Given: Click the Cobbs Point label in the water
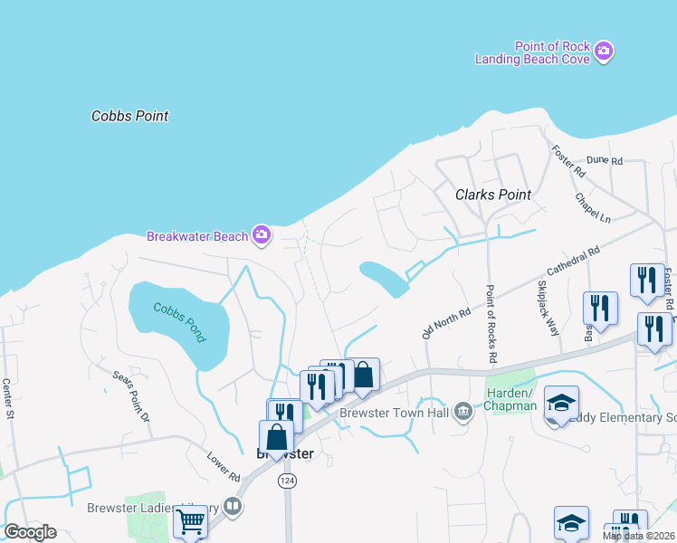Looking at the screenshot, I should [x=130, y=116].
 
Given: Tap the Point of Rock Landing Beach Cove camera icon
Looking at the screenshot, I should [x=605, y=52].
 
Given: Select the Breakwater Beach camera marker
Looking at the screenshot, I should [x=262, y=235].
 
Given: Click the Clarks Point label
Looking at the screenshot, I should [x=492, y=195].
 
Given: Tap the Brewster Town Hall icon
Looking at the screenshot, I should [x=463, y=413].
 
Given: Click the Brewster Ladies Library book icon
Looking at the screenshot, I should [x=233, y=507].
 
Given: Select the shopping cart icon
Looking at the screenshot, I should [x=189, y=521].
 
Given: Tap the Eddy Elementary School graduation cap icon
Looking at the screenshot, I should [x=561, y=401].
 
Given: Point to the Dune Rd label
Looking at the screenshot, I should [x=605, y=160].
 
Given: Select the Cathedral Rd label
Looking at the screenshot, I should [x=573, y=263].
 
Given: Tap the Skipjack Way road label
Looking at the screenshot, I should [x=548, y=308].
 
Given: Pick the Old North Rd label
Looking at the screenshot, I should [x=446, y=324].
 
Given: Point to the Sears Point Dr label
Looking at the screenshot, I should [x=129, y=395].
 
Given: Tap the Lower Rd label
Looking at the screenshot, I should [x=222, y=464].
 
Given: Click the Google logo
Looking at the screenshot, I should [x=30, y=532].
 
